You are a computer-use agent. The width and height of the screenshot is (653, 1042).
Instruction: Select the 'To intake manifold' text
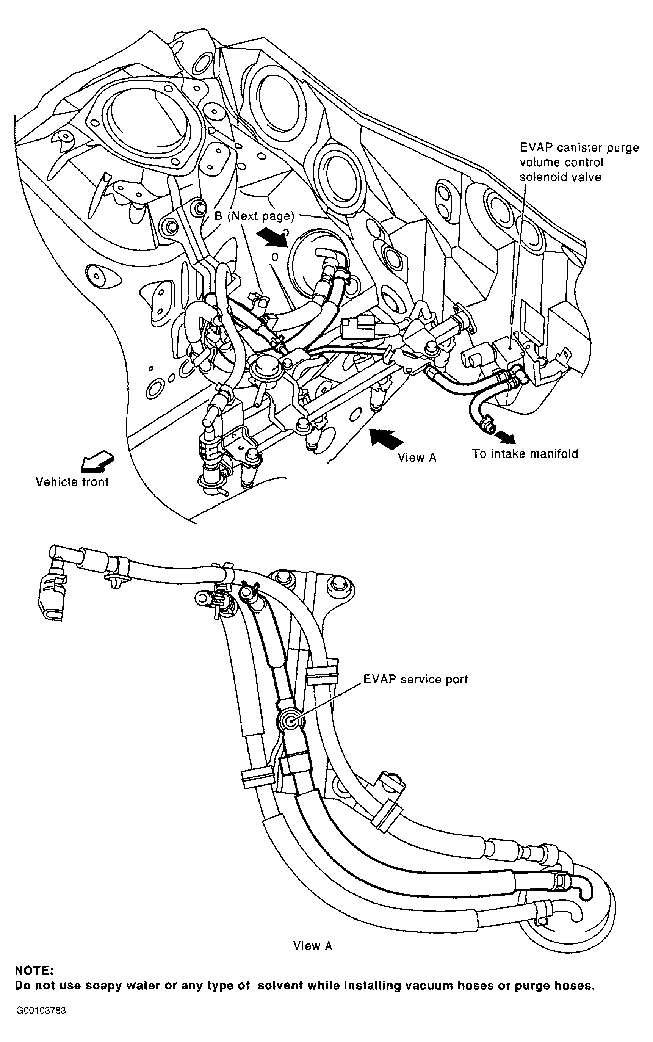pos(525,454)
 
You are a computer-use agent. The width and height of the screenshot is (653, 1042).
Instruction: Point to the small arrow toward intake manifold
pos(506,437)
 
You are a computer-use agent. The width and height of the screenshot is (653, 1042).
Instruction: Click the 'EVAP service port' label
pos(415,679)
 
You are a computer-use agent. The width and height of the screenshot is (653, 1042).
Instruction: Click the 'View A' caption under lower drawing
pos(313,946)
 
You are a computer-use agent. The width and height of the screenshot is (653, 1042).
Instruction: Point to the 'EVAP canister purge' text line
pos(579,148)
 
